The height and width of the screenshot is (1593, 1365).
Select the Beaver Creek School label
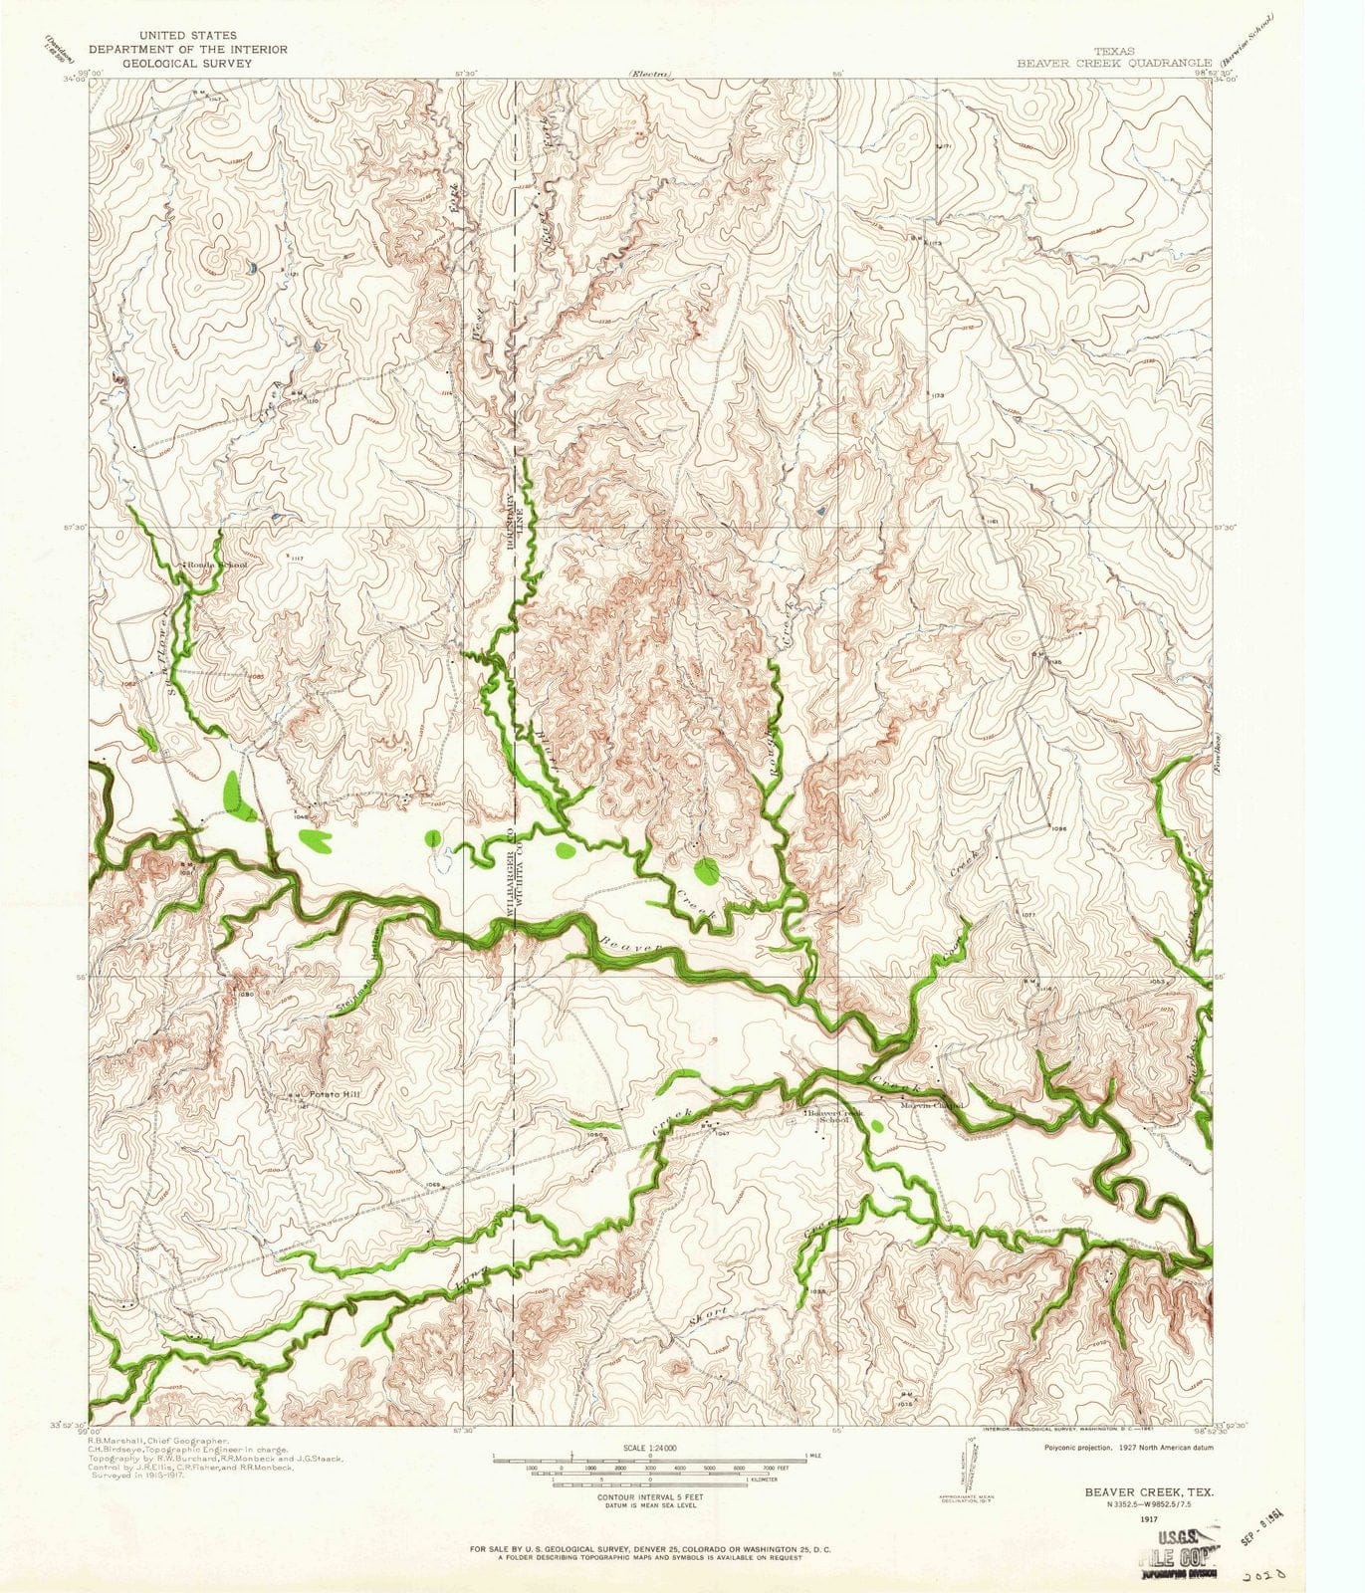point(834,1115)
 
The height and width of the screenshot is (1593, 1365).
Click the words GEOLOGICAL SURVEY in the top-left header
point(187,62)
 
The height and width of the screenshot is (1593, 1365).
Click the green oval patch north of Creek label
point(706,871)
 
